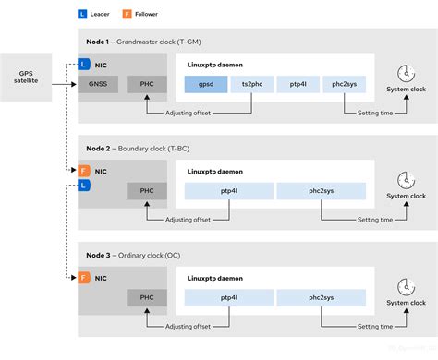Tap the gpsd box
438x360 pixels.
206,85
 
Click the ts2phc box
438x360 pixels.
251,85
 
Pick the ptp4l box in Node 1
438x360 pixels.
297,85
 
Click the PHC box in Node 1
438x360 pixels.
147,85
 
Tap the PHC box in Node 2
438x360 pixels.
147,191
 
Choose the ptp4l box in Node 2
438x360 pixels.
229,191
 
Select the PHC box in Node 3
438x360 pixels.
147,297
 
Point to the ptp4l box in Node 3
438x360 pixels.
229,297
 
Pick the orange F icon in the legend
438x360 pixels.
129,14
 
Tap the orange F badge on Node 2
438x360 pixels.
84,171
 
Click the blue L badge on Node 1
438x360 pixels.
84,65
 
